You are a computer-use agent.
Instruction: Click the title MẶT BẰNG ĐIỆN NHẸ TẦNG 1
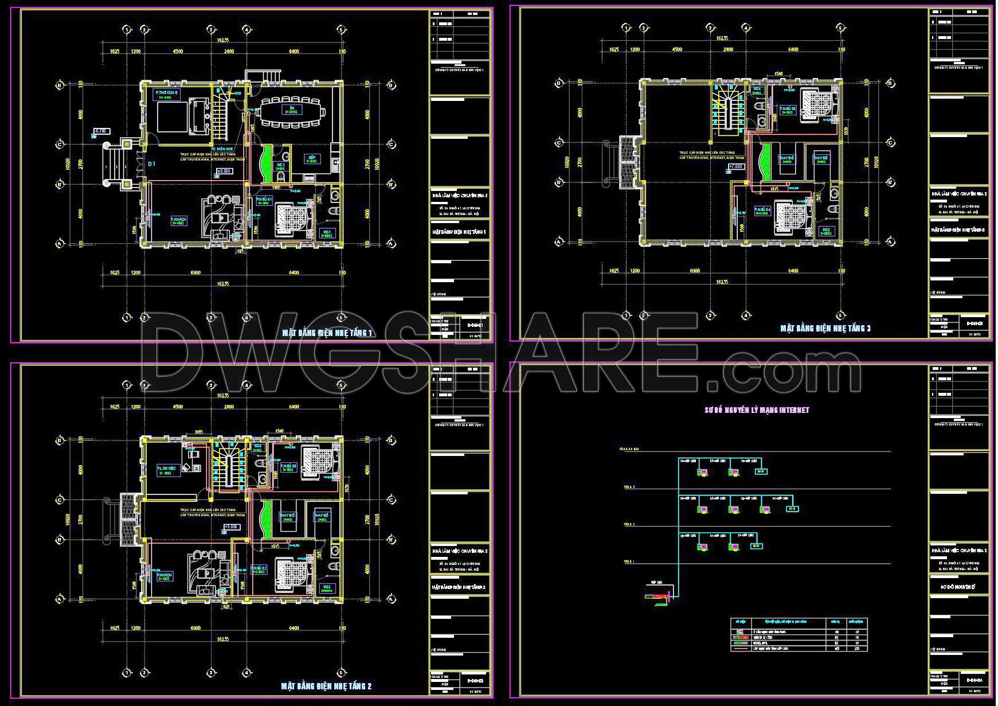tap(328, 333)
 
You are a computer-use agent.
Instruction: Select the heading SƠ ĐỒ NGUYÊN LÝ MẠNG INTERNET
tap(756, 410)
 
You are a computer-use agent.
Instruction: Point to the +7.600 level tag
tap(735, 167)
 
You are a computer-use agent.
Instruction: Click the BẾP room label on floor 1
tap(312, 158)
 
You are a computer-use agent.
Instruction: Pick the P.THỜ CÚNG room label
tap(167, 93)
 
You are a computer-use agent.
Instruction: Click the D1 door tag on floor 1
tap(152, 164)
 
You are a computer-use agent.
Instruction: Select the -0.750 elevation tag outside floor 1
tap(101, 131)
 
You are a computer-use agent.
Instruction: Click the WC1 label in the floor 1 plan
tap(327, 232)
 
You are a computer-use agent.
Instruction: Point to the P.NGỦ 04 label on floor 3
tap(762, 210)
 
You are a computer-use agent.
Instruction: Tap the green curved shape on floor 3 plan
tap(764, 161)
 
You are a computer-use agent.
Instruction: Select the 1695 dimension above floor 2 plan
tap(199, 431)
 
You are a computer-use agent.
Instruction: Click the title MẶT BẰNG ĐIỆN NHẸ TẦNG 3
tap(825, 329)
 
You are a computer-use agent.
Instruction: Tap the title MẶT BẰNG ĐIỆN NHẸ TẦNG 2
tap(327, 686)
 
